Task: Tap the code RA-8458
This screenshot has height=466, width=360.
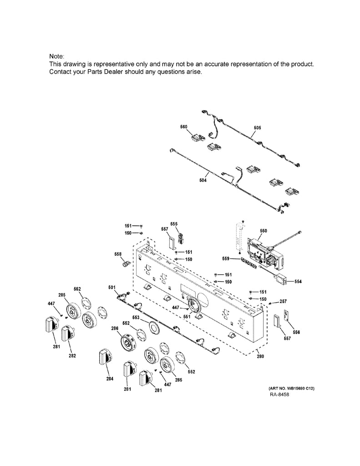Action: point(279,394)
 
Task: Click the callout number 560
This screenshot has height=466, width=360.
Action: point(184,127)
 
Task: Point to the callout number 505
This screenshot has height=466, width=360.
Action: point(257,128)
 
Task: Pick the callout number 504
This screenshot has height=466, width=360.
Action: point(203,181)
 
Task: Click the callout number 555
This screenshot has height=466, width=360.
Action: point(173,223)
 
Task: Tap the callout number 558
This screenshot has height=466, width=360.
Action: point(118,254)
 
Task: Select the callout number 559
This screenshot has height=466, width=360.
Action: point(225,258)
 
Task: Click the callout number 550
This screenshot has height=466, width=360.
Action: point(264,231)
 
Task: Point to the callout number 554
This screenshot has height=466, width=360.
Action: point(298,282)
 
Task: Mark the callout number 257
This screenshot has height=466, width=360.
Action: point(283,301)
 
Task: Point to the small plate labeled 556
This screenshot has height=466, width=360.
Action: point(286,317)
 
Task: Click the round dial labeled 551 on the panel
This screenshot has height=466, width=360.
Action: point(194,305)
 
